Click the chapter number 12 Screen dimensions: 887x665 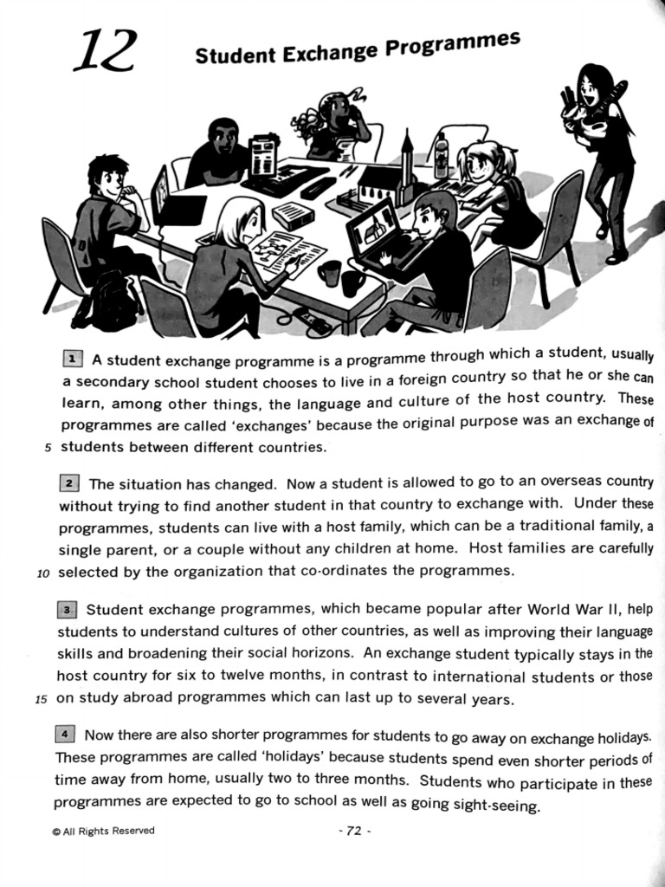coord(104,51)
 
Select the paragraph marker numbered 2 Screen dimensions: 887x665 coord(70,483)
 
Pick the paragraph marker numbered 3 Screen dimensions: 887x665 coord(67,609)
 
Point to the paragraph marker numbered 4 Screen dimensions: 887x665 coord(65,735)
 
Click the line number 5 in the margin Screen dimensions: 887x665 coord(48,448)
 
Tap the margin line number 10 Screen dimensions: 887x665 coord(44,573)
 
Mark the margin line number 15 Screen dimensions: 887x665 coord(41,699)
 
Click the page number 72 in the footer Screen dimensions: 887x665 coord(352,831)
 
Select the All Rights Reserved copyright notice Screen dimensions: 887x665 coord(103,831)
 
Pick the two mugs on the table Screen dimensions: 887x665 coord(341,277)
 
